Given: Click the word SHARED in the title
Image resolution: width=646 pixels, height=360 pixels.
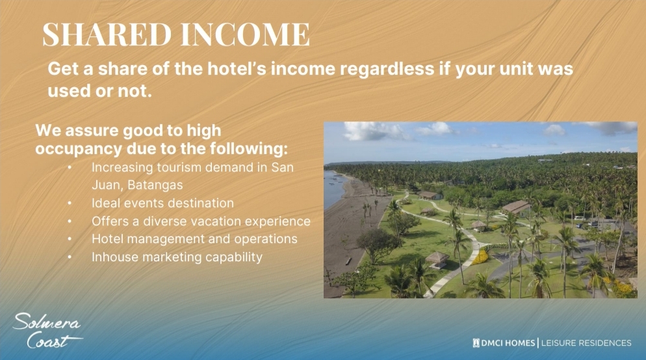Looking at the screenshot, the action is [107, 34].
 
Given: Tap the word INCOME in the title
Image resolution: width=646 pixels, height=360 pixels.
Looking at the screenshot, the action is [245, 34].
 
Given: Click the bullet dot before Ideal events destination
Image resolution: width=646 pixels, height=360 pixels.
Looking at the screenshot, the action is [70, 203].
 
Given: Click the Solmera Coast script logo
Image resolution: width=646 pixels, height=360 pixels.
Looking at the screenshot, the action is [47, 331].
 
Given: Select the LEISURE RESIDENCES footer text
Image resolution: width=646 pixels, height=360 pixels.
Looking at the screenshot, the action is [586, 342].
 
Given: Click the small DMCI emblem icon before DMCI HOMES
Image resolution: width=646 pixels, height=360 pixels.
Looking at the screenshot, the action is [476, 342].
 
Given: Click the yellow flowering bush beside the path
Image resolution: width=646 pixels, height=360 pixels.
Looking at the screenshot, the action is [480, 257].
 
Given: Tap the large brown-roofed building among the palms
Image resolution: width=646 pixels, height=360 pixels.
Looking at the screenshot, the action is [516, 207].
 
